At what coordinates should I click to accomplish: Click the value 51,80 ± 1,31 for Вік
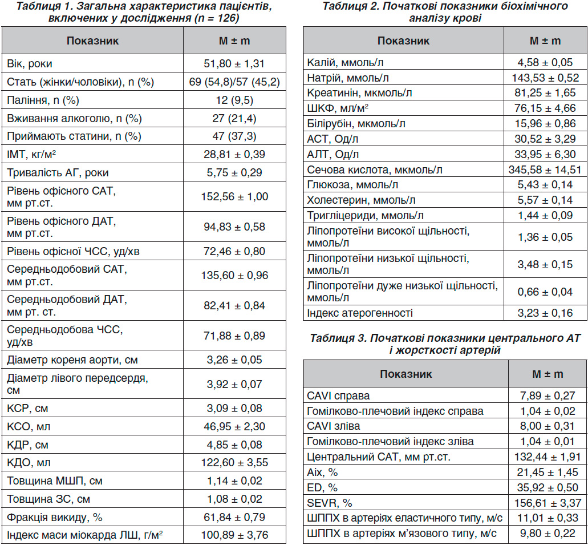point(234,63)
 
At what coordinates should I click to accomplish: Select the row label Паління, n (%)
point(43,100)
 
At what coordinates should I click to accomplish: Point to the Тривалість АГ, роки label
point(58,173)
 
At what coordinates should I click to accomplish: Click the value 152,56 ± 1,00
point(234,197)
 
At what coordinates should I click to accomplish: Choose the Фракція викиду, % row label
point(55,517)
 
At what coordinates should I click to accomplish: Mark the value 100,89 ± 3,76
point(234,535)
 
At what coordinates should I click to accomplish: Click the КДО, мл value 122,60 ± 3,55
point(234,462)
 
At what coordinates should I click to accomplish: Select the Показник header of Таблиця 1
point(92,41)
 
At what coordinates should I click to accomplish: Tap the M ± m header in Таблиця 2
point(545,41)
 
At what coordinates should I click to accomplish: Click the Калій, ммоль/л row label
point(346,63)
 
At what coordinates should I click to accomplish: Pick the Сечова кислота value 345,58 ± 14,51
point(545,169)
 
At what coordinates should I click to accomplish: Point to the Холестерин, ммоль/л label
point(361,200)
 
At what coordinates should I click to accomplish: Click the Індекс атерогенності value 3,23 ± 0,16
point(545,313)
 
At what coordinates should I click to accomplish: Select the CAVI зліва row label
point(334,426)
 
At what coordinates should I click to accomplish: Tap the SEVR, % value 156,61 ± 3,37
point(548,503)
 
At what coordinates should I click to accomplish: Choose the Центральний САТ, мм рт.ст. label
point(379,457)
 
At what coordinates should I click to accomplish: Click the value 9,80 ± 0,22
point(548,534)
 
